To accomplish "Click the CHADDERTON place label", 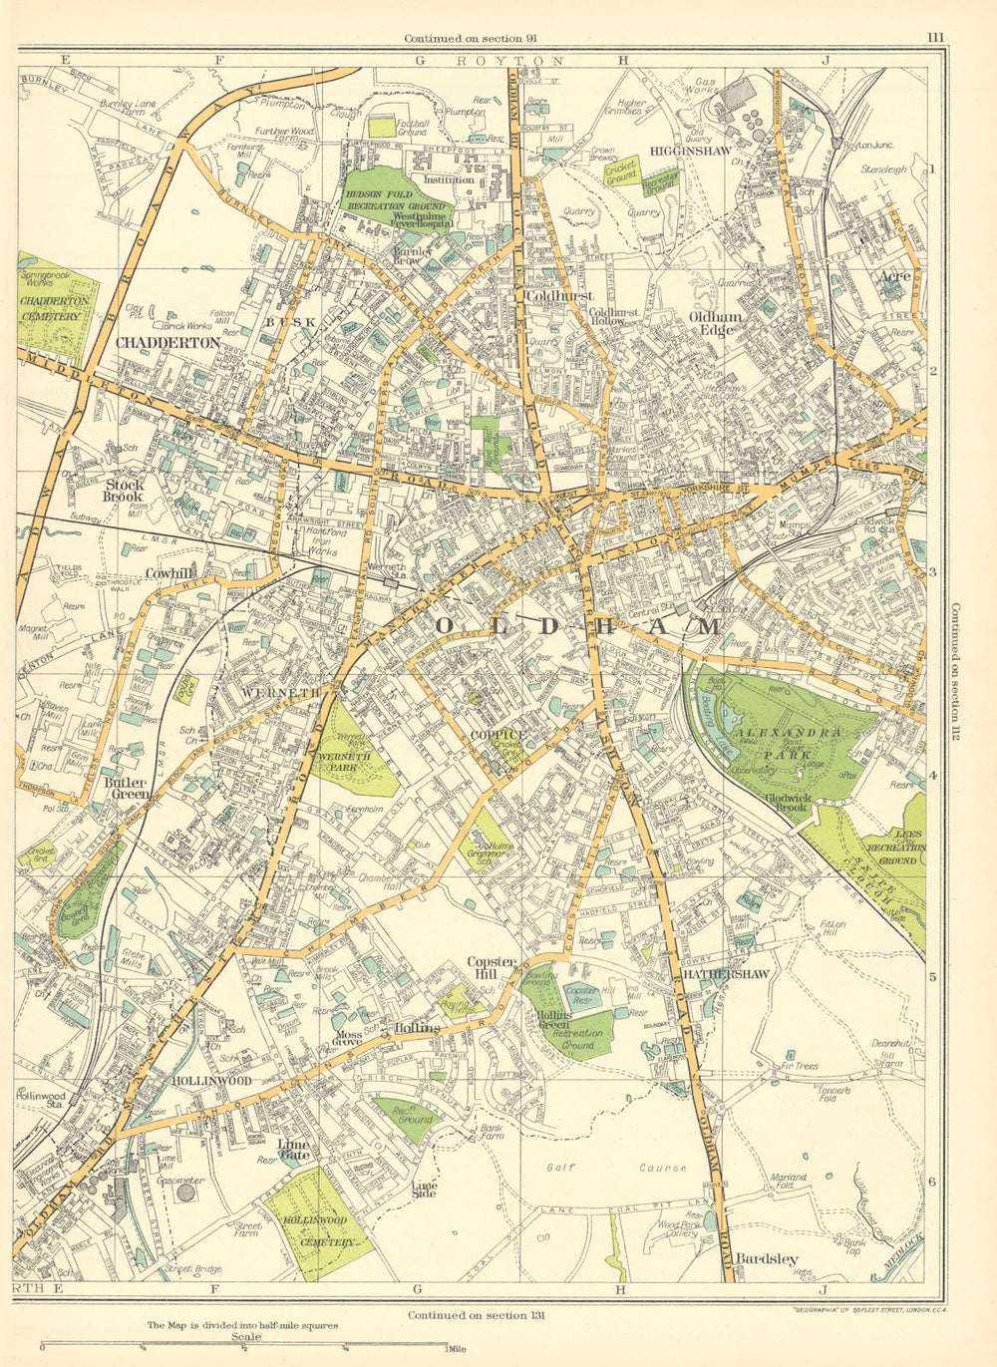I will pyautogui.click(x=167, y=342).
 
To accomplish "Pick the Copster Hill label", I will pyautogui.click(x=492, y=967).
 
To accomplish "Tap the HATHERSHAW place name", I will pyautogui.click(x=726, y=974).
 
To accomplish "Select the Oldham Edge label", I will pyautogui.click(x=711, y=322).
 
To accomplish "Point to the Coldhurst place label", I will pyautogui.click(x=560, y=296).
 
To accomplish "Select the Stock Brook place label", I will pyautogui.click(x=124, y=490).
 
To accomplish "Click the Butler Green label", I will pyautogui.click(x=125, y=788).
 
